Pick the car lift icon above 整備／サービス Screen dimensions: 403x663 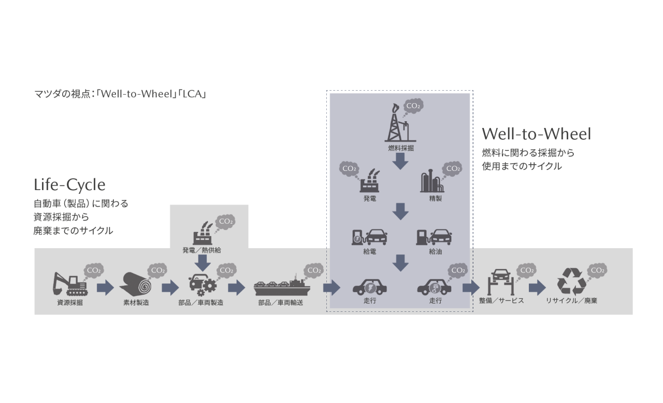click(501, 282)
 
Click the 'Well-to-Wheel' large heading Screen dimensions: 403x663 click(536, 134)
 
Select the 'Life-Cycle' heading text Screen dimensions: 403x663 click(69, 184)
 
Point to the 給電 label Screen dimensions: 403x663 click(369, 252)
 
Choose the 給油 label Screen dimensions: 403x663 click(435, 252)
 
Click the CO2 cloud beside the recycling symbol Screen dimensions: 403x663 click(597, 270)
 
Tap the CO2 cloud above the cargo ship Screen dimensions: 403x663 click(313, 270)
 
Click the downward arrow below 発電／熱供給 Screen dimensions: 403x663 click(203, 263)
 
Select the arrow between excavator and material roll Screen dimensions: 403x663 click(105, 287)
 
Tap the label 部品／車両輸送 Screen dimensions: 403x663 click(280, 303)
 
